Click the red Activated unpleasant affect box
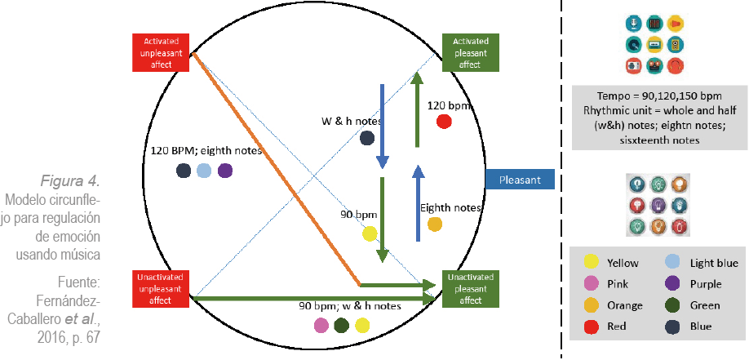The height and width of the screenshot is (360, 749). (x=162, y=52)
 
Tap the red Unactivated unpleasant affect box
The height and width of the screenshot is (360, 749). (x=162, y=289)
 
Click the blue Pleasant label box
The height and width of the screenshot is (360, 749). (x=520, y=179)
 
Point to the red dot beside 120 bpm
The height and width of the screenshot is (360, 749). (x=444, y=122)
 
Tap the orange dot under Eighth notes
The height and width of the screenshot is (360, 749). (x=435, y=224)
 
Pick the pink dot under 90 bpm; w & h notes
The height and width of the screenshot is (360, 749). (x=321, y=326)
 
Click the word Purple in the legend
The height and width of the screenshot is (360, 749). (x=706, y=284)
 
